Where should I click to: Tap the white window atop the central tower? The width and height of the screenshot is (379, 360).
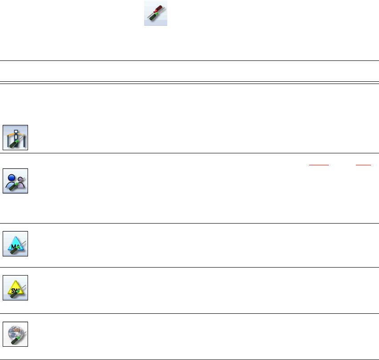click(16, 130)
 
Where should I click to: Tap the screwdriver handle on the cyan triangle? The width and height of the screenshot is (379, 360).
click(13, 252)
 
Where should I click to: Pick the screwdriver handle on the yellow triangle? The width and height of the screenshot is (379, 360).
click(13, 295)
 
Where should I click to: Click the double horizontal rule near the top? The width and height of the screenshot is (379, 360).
click(189, 82)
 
